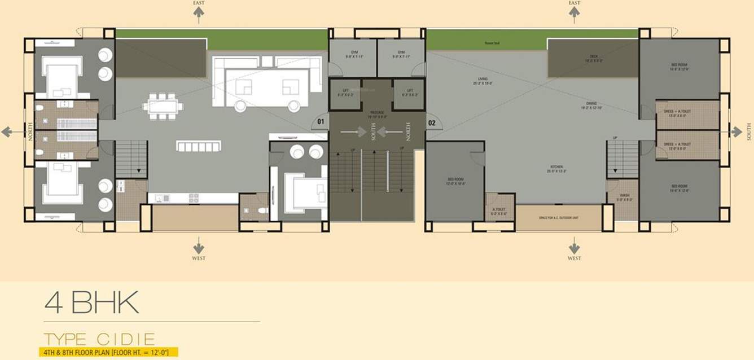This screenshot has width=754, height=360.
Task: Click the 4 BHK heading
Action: [91, 304]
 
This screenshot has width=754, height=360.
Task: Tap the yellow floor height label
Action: [107, 353]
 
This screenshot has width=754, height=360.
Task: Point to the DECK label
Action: [594, 56]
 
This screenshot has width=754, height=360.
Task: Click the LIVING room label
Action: [483, 79]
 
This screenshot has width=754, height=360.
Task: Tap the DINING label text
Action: [591, 103]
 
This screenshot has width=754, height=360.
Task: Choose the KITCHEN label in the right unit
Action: [557, 167]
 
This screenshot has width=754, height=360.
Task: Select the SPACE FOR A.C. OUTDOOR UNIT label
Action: [559, 218]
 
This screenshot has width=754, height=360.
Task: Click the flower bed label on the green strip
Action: [493, 43]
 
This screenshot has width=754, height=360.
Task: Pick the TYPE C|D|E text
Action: [99, 339]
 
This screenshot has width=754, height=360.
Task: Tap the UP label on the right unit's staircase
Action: [615, 138]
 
